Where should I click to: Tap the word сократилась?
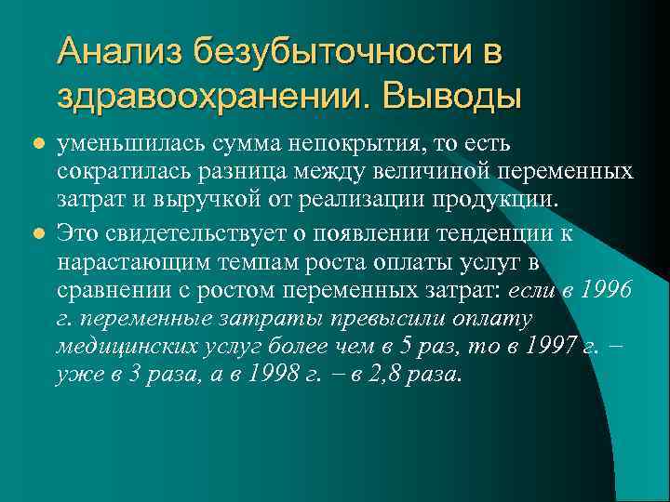click(x=115, y=172)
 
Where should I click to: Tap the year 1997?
click(x=554, y=347)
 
